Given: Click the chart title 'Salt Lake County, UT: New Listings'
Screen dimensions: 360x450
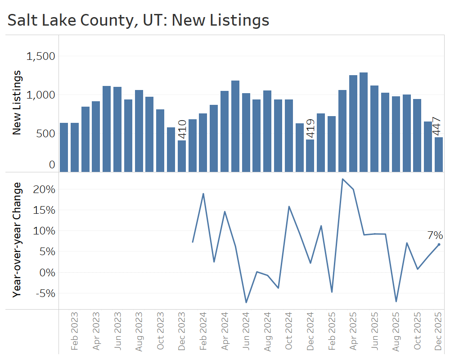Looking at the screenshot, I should tap(139, 20).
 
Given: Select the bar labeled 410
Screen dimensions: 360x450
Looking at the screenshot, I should tap(182, 156).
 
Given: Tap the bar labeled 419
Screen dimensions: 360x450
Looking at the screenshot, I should tap(310, 156).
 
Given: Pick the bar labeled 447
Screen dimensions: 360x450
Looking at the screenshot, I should tap(439, 154).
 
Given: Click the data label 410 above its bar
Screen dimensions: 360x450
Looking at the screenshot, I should tap(182, 129).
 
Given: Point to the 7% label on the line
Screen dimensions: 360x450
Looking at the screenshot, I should tap(435, 235).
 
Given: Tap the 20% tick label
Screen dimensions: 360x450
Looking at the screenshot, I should tap(44, 189).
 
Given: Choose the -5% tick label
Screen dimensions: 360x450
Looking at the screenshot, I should tap(44, 293).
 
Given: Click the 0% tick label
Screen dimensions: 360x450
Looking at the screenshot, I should tap(47, 272).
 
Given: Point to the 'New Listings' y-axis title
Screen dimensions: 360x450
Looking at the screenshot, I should tap(17, 103).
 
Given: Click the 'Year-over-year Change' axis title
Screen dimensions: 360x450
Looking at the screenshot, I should tap(17, 239).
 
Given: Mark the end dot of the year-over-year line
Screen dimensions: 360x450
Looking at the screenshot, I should tap(439, 244).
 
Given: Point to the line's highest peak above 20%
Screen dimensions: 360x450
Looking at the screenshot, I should tap(342, 179).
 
